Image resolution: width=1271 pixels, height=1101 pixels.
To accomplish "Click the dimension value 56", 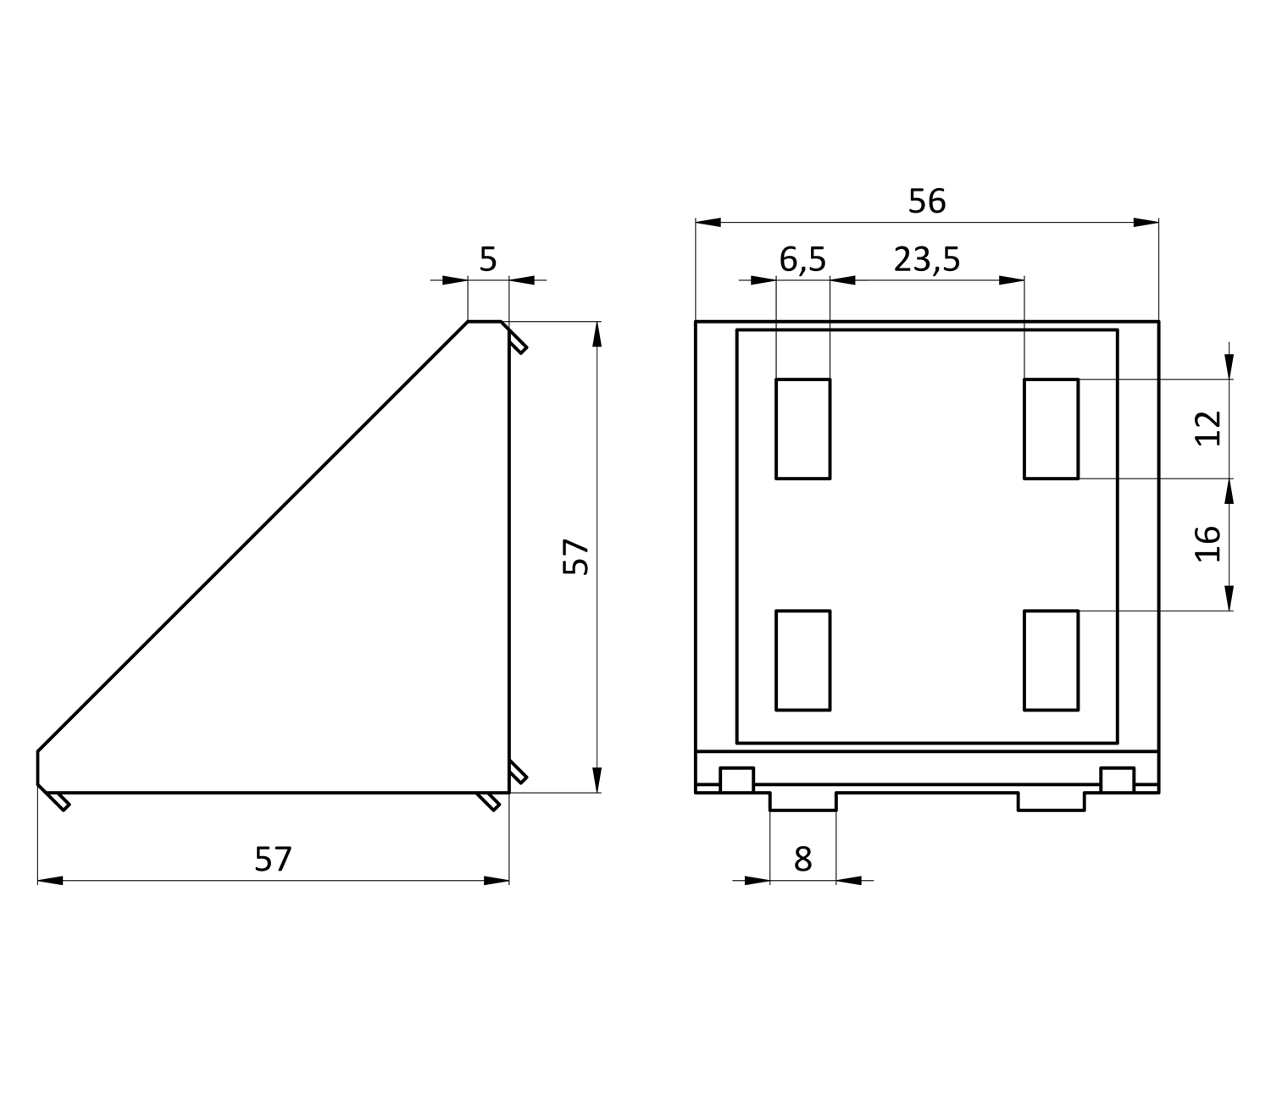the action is (926, 201).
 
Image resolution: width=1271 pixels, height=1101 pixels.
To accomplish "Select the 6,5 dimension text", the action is (802, 259).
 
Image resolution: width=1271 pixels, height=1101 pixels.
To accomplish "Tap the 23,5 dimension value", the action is (926, 259).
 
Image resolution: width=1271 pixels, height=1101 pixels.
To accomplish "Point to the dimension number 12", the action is (1207, 428).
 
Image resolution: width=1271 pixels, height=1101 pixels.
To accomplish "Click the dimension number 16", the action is (1207, 544).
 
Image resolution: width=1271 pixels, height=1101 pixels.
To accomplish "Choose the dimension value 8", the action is (802, 859).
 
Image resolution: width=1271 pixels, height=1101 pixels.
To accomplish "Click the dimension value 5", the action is (487, 259).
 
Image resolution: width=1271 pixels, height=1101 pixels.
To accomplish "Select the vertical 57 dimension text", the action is (575, 556).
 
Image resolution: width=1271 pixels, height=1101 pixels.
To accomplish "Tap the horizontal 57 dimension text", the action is (273, 859).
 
